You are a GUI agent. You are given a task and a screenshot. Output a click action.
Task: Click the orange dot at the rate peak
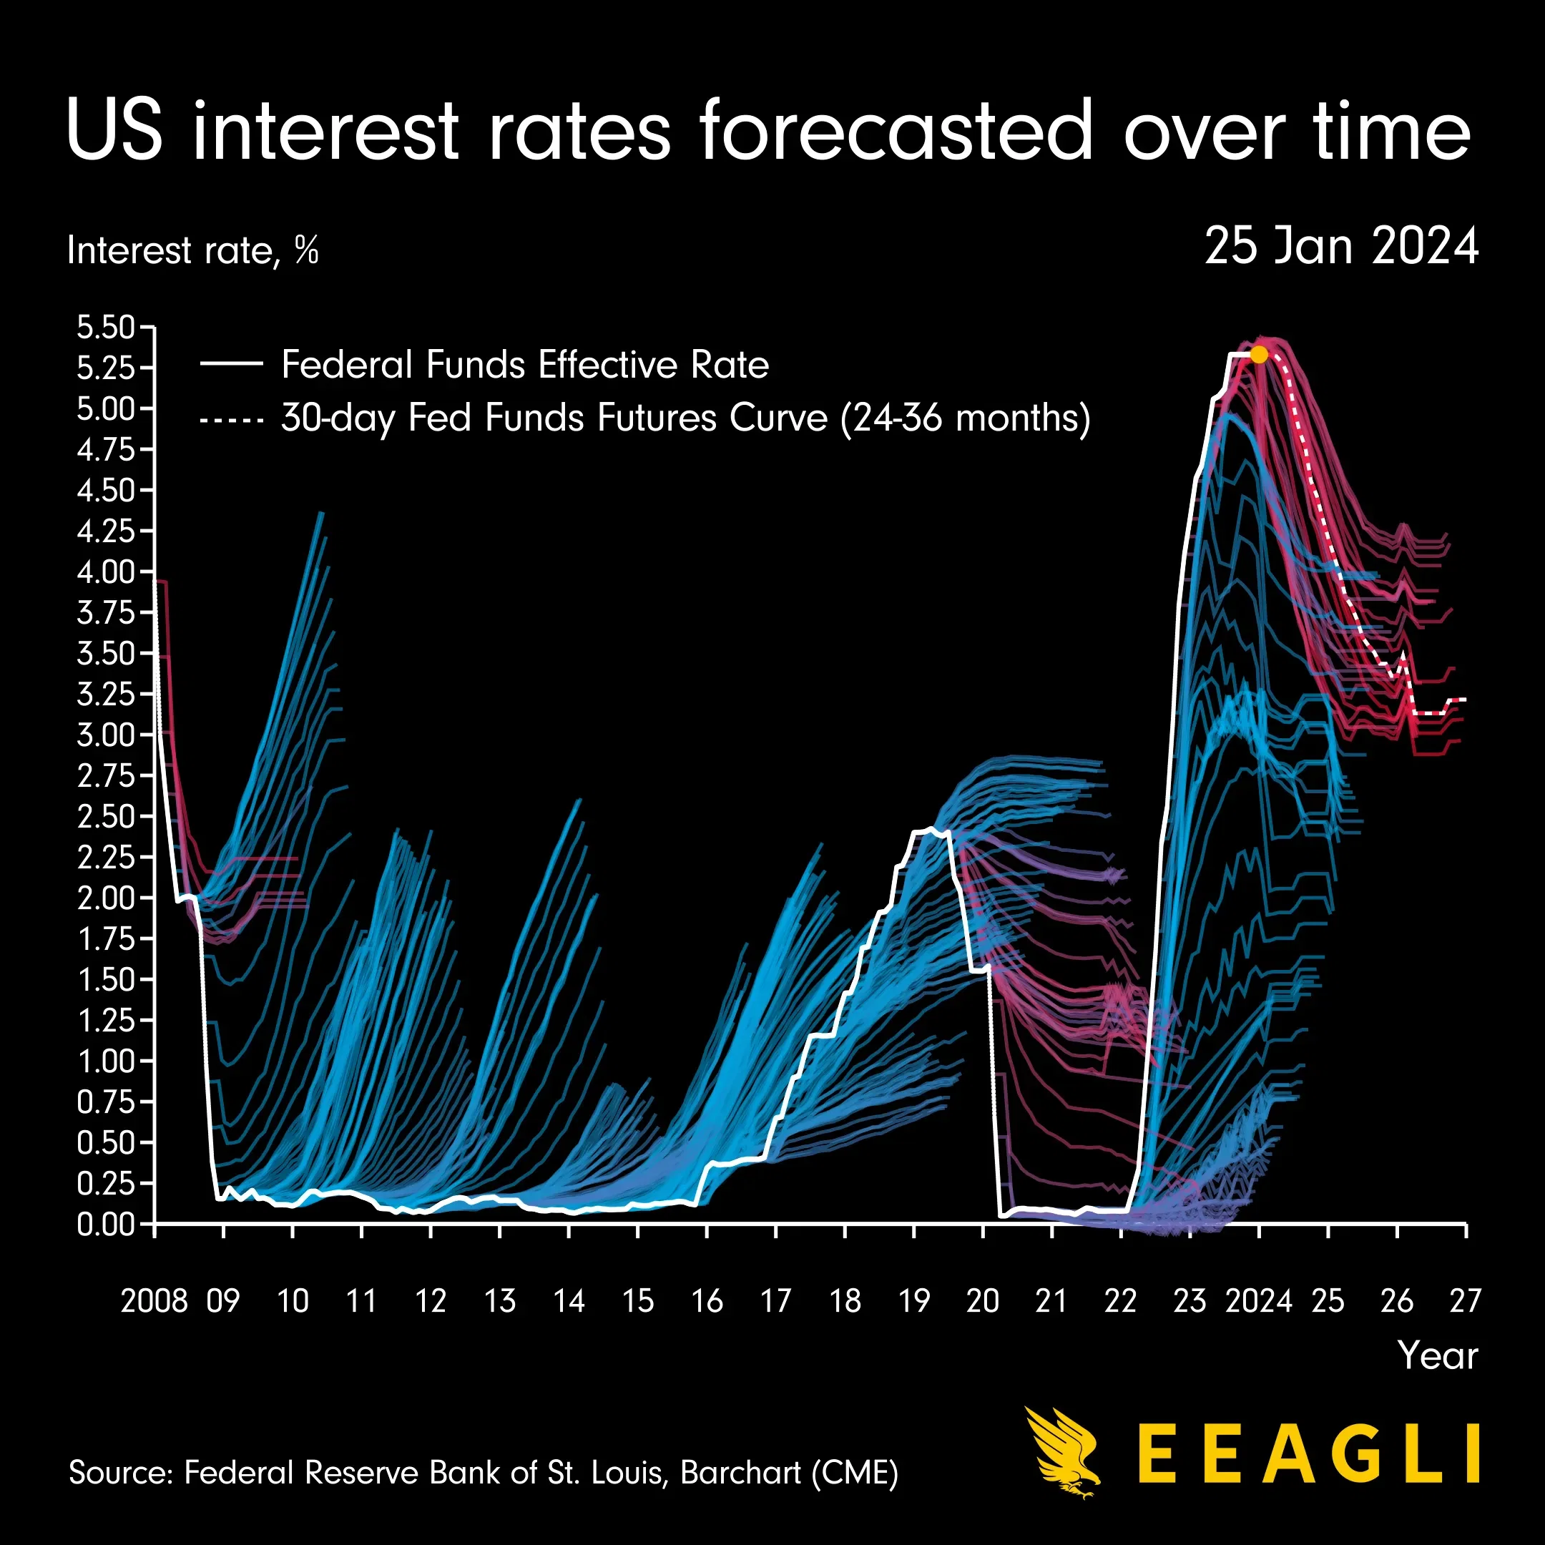coord(1259,354)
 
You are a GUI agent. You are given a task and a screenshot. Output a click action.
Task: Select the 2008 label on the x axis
coord(154,1301)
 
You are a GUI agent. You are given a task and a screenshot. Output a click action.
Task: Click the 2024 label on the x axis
coord(1259,1301)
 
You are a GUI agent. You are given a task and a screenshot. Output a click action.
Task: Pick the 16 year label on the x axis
coord(707,1301)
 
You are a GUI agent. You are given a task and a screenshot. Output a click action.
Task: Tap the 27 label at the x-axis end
coord(1465,1301)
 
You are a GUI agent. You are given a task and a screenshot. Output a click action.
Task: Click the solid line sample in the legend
coord(231,364)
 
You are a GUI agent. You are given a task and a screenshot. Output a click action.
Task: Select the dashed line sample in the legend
coord(231,419)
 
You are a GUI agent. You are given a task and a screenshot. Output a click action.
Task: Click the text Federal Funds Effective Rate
coord(524,366)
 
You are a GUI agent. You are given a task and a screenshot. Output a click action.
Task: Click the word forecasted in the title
coord(896,130)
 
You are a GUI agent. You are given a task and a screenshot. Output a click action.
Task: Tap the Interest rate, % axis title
coord(192,251)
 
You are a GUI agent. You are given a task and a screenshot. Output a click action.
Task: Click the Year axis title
coord(1437,1356)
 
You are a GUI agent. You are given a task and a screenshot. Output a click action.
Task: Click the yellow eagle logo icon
coord(1064,1451)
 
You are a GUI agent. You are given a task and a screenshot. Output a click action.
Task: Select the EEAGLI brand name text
coord(1308,1454)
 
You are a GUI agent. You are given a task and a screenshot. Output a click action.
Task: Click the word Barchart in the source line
coord(740,1472)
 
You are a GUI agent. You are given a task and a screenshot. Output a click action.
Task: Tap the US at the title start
coord(114,130)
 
